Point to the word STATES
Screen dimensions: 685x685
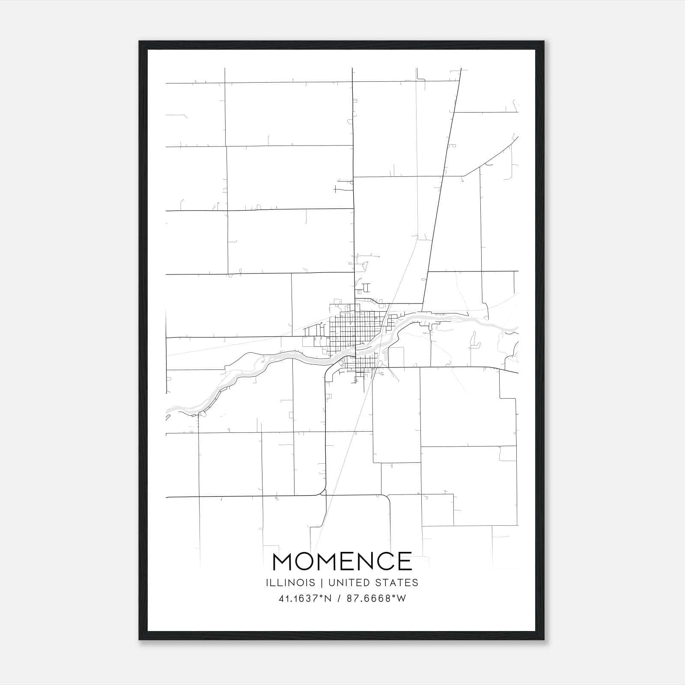(396, 583)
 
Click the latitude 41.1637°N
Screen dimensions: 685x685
(305, 599)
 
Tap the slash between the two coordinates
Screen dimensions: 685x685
(339, 599)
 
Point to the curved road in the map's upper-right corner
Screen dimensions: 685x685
(492, 158)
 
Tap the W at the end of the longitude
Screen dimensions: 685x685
(401, 599)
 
